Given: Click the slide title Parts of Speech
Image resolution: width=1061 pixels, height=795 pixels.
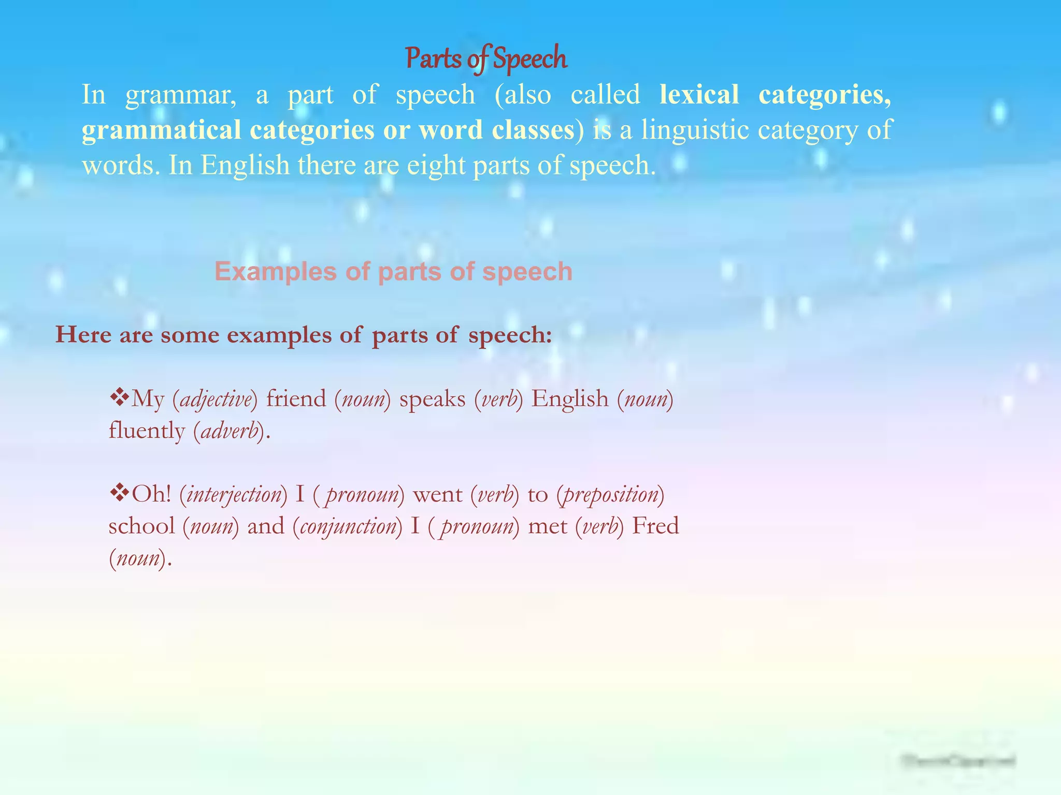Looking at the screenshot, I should tap(486, 58).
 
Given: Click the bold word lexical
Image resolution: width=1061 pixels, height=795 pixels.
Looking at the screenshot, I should tap(699, 95).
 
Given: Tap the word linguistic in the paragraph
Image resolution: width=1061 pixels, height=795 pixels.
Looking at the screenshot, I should tap(694, 130).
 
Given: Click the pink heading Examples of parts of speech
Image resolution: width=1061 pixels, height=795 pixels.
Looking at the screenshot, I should tap(393, 271).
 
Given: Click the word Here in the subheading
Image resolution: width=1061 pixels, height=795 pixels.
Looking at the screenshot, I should tap(83, 335).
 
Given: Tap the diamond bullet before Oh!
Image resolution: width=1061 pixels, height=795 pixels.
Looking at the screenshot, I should tap(119, 493).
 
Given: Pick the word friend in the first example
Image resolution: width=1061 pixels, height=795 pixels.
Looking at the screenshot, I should tap(296, 399).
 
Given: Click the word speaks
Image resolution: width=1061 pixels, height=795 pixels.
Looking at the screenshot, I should tap(432, 400).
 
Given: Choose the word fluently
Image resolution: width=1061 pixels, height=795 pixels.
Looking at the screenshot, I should tap(147, 431).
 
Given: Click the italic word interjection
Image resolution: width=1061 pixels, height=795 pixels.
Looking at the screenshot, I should tap(233, 495).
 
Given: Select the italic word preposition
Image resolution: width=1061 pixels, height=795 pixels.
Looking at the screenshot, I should tap(610, 495).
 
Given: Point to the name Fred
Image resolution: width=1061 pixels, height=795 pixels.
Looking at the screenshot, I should tap(655, 526).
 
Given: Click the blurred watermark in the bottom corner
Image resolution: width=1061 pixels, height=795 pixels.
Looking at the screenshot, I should tap(958, 761).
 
